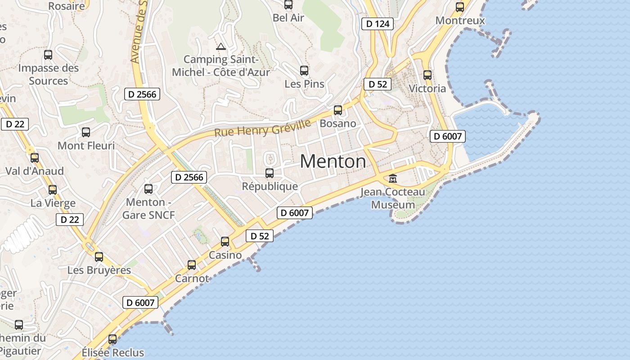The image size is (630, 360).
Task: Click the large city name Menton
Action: (333, 162)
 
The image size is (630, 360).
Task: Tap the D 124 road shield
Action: (378, 24)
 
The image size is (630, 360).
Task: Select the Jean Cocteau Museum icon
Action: (393, 179)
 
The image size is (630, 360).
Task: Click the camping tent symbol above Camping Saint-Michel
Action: (220, 46)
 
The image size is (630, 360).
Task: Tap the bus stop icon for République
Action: (270, 173)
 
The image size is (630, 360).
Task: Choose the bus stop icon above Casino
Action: (225, 242)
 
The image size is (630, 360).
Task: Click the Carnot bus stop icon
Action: (192, 265)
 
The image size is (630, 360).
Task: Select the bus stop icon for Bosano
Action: (338, 110)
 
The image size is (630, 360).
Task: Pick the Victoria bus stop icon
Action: (427, 75)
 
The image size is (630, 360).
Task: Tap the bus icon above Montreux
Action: (460, 7)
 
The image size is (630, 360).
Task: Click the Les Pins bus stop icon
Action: (304, 71)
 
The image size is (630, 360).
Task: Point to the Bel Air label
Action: (288, 18)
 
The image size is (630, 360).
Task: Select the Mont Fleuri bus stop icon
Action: (86, 132)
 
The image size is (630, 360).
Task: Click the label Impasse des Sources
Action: (48, 75)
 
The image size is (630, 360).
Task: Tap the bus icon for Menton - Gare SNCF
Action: (148, 189)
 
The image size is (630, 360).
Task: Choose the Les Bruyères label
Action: (99, 270)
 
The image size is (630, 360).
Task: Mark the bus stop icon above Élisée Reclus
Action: (112, 339)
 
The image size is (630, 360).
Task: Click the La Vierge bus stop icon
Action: (53, 190)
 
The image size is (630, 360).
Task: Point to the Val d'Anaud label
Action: (35, 171)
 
